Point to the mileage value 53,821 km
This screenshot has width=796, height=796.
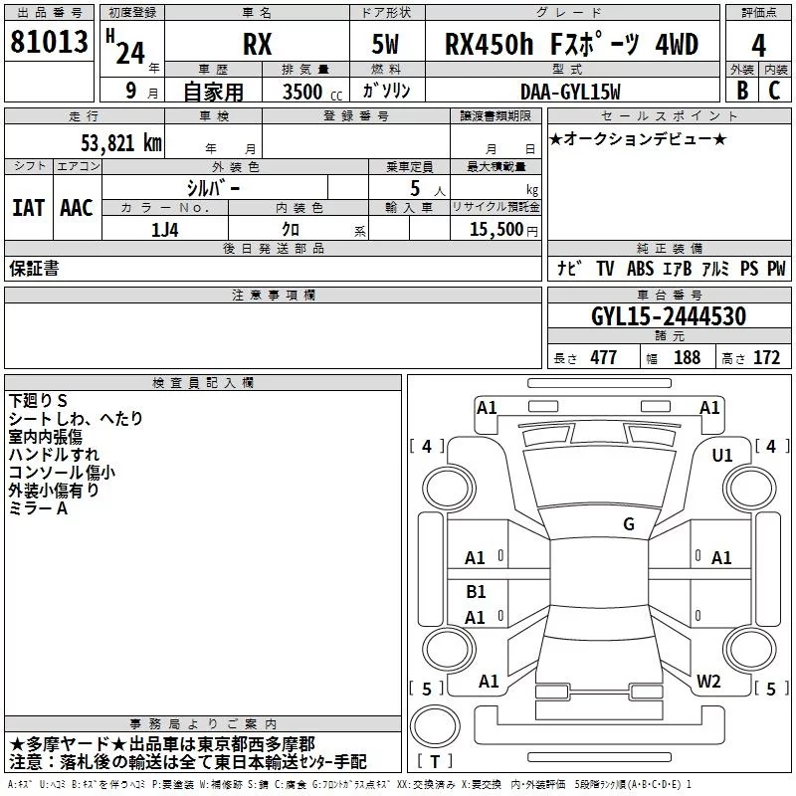tap(114, 142)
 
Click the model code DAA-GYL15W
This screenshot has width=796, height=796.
tap(570, 91)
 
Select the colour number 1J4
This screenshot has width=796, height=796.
tap(165, 228)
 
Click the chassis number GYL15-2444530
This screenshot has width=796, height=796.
tap(669, 316)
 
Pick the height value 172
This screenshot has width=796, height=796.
tap(766, 357)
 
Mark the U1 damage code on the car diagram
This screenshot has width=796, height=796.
tap(721, 455)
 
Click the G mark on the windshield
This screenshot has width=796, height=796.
tap(628, 523)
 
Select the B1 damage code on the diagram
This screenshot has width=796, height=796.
tap(476, 592)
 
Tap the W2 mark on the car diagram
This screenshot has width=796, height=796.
tap(708, 681)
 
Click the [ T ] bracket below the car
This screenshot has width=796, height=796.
tap(435, 761)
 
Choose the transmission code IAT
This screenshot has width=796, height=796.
tap(28, 207)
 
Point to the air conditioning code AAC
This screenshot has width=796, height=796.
tap(76, 207)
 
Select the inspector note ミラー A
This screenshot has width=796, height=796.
tap(38, 507)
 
